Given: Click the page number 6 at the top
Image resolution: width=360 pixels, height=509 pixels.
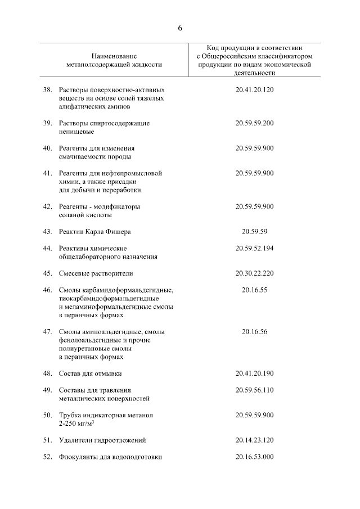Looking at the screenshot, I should pos(180,28).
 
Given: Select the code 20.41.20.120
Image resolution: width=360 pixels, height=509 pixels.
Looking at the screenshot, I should pos(254,89).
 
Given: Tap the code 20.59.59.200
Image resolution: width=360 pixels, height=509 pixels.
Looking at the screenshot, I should pos(254,123).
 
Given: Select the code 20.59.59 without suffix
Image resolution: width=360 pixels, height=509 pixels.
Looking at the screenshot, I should pos(254,231).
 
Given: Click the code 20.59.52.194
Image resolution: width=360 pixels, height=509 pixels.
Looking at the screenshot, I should pos(254,248).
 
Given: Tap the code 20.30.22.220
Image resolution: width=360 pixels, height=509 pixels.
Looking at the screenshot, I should pos(254,273).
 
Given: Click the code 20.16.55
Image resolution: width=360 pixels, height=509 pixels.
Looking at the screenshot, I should pos(254,290).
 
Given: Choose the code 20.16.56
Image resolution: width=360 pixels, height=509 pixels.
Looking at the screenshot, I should pos(254,332).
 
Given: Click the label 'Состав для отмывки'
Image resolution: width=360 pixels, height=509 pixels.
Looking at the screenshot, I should pos(90,373).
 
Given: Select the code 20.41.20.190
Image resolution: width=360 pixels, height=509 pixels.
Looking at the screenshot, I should pos(254,373).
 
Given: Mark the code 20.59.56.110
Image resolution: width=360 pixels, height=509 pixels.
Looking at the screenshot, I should pos(254,390).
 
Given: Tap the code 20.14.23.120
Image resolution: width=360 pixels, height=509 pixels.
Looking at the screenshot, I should pos(254,440).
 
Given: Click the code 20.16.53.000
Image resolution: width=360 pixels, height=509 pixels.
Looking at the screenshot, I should pos(254,457).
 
